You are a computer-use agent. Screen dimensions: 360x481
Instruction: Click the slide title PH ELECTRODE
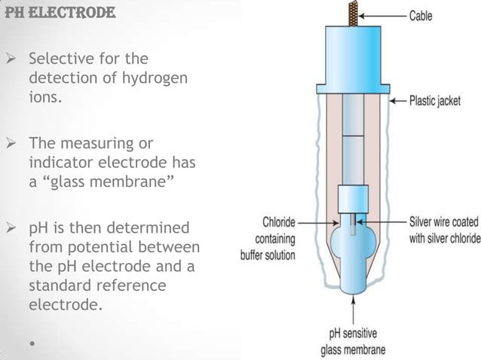tap(59, 13)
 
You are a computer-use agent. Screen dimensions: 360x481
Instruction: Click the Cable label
tap(421, 16)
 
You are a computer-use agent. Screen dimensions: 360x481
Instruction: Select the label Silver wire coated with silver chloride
tap(444, 230)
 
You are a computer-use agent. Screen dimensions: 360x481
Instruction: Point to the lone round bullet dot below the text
tap(32, 344)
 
